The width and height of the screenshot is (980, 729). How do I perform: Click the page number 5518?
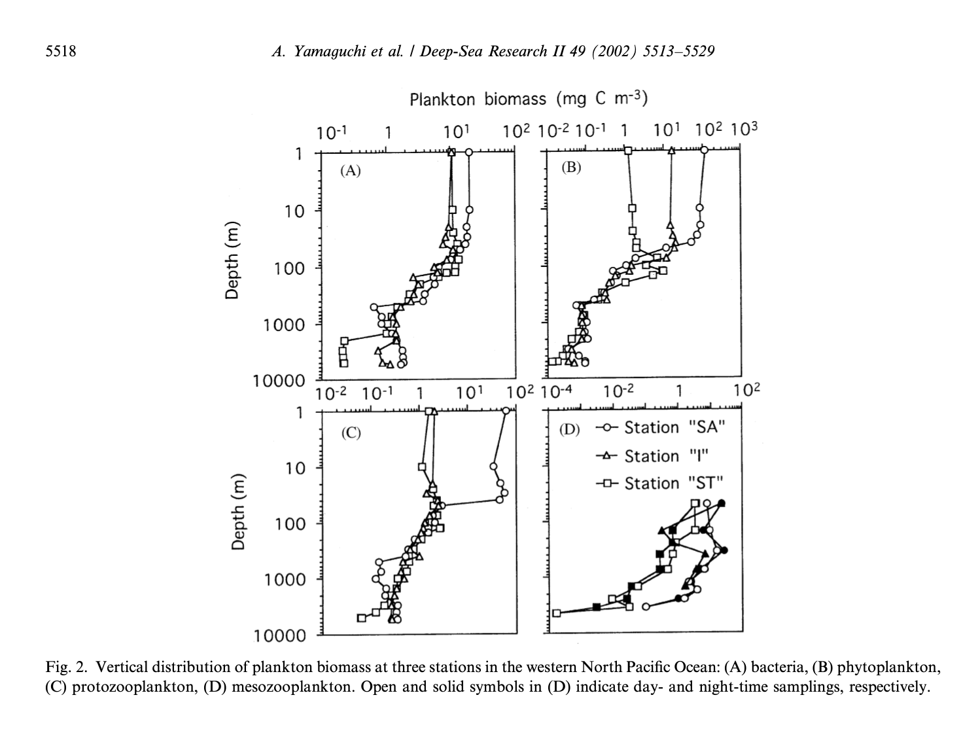pyautogui.click(x=60, y=50)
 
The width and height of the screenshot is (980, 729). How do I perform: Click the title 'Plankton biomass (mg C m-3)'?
pyautogui.click(x=528, y=99)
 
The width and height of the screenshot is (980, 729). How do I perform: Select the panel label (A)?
pyautogui.click(x=350, y=171)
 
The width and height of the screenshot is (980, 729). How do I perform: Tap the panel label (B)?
pyautogui.click(x=571, y=168)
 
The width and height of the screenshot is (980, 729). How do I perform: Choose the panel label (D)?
pyautogui.click(x=570, y=429)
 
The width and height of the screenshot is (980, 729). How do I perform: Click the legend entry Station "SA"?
pyautogui.click(x=674, y=428)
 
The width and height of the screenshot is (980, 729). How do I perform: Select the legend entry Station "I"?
pyautogui.click(x=667, y=456)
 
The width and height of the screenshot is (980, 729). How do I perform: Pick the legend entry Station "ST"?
pyautogui.click(x=674, y=484)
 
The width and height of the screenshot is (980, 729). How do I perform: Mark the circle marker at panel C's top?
pyautogui.click(x=506, y=411)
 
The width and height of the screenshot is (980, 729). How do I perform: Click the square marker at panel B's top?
pyautogui.click(x=628, y=151)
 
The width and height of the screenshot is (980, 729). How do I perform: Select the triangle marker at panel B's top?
pyautogui.click(x=671, y=151)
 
